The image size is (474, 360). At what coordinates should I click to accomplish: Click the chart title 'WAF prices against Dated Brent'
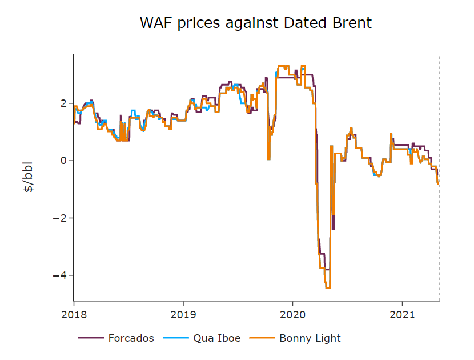click(256, 23)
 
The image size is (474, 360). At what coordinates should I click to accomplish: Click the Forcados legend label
click(131, 338)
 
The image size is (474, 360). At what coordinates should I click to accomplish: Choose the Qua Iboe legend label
click(216, 338)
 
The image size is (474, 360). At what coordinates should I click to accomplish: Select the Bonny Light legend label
click(310, 338)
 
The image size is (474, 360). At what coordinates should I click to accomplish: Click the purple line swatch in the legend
click(90, 338)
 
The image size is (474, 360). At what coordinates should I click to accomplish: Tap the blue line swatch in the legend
click(176, 338)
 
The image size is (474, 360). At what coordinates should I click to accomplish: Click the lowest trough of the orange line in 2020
click(328, 288)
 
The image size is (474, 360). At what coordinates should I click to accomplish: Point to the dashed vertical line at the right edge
click(439, 171)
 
